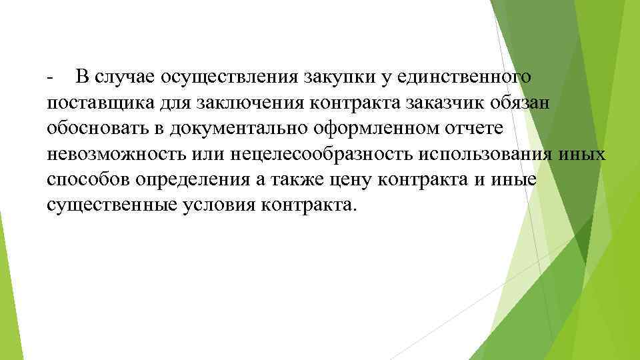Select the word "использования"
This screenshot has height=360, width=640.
[x=485, y=155]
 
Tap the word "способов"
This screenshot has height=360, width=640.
[x=89, y=181]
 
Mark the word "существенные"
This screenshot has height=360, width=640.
[x=111, y=206]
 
